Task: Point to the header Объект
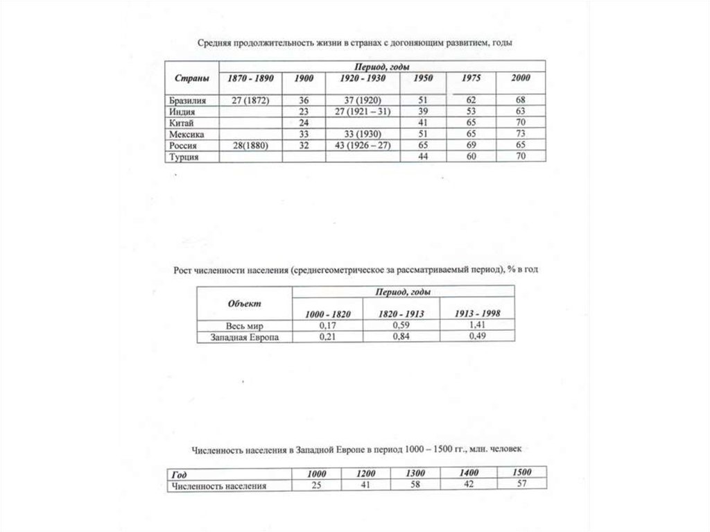[x=244, y=303]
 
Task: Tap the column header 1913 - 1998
[x=478, y=314]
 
